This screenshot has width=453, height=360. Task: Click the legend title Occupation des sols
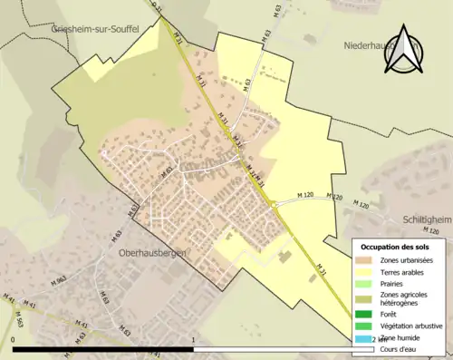click(398, 247)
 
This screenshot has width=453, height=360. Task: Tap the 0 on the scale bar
click(14, 341)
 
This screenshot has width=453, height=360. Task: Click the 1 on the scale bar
click(194, 341)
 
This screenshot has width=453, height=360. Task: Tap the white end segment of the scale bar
click(272, 349)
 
